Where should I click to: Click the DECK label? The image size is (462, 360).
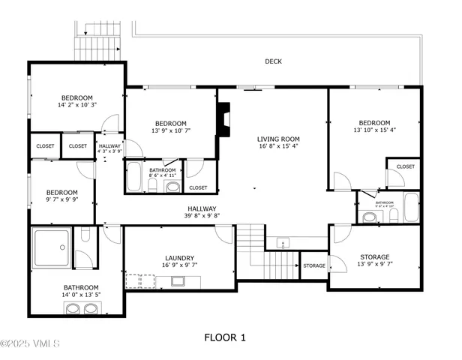pyautogui.click(x=273, y=61)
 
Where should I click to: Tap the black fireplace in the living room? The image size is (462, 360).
pyautogui.click(x=223, y=117)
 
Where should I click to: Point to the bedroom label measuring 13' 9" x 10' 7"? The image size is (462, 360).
pyautogui.click(x=170, y=127)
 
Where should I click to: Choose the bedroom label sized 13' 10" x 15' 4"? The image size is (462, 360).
pyautogui.click(x=373, y=127)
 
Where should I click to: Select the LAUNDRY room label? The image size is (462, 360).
pyautogui.click(x=180, y=261)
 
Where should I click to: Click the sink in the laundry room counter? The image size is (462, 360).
pyautogui.click(x=179, y=282)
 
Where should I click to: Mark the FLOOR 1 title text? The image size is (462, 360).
pyautogui.click(x=225, y=337)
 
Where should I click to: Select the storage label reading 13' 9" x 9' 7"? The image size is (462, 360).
pyautogui.click(x=374, y=261)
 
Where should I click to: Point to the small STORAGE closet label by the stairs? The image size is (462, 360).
pyautogui.click(x=314, y=265)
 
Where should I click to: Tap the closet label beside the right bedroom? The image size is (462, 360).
pyautogui.click(x=405, y=166)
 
